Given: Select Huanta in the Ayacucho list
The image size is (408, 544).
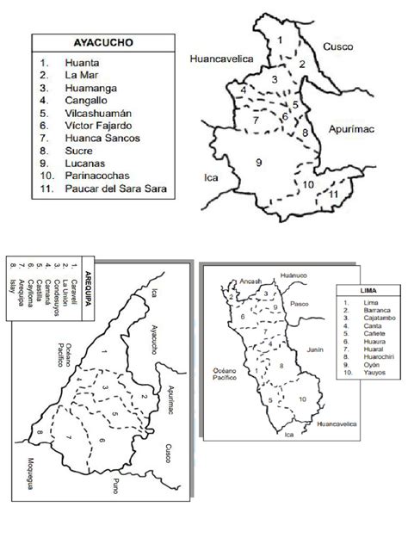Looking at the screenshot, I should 82,63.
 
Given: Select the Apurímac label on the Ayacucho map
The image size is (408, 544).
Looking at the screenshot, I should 354,131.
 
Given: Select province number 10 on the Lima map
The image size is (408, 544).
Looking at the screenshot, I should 301,399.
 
